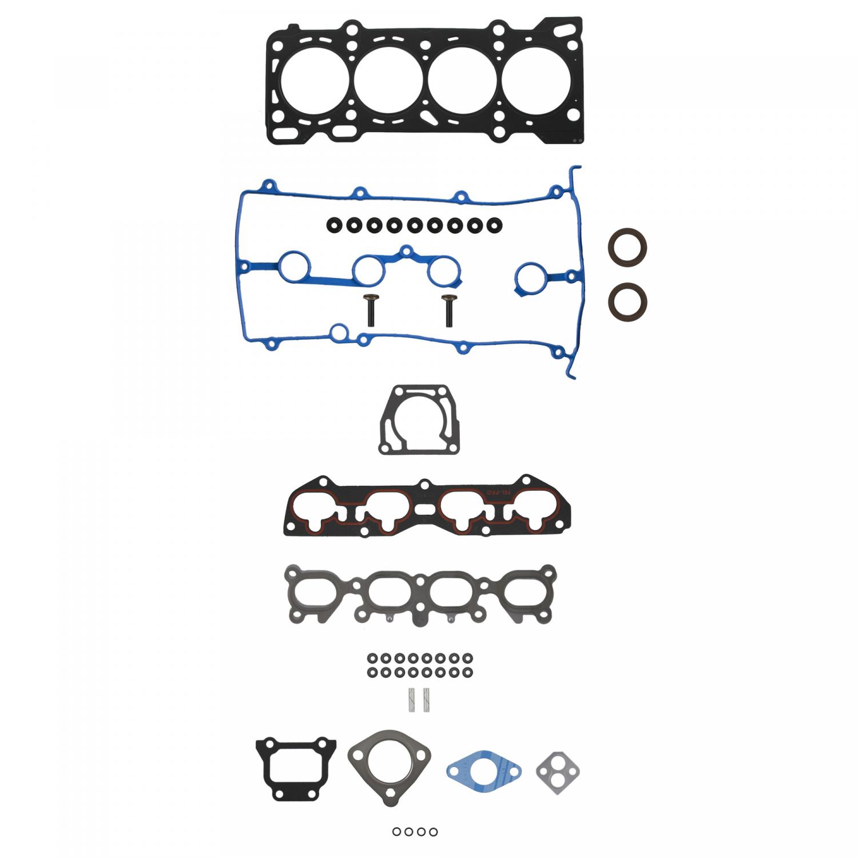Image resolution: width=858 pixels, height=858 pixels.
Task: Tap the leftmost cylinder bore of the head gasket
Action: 313,81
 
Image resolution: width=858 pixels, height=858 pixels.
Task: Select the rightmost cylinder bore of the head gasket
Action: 536,81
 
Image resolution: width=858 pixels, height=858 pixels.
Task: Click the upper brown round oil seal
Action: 627,247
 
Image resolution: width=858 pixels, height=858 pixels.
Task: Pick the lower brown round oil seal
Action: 627,301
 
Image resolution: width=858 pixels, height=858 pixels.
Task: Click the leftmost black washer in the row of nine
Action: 333,225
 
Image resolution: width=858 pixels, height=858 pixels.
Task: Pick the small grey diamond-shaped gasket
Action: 558,772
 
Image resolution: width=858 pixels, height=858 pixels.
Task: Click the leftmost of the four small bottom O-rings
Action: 396,832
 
